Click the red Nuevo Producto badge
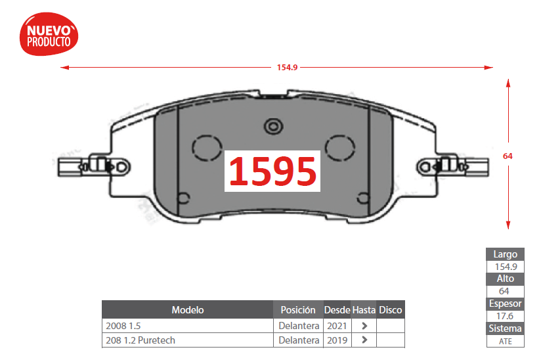point(49,34)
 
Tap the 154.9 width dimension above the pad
point(287,67)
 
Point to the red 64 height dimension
point(508,156)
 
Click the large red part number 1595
point(272,171)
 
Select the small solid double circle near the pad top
point(273,126)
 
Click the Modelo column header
point(188,310)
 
